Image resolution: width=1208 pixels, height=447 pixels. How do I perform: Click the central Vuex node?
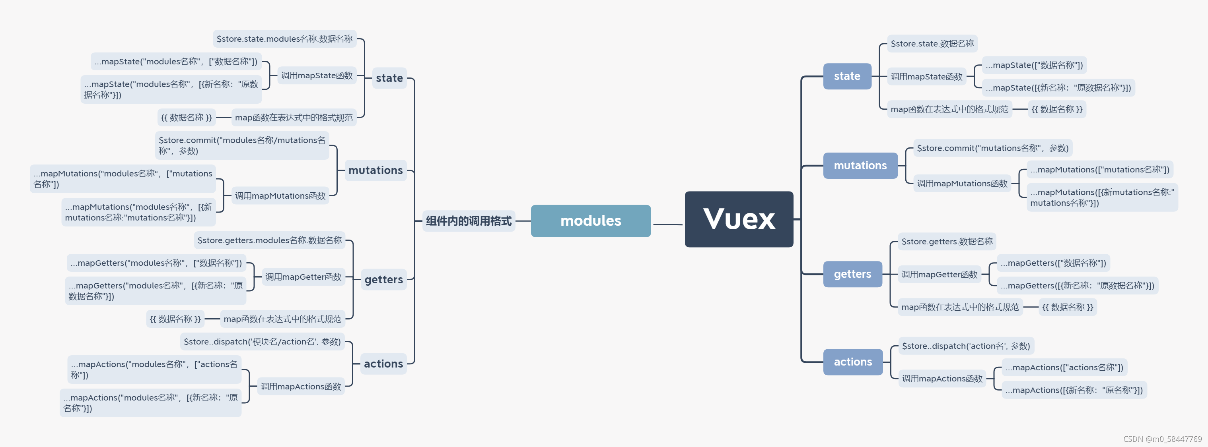[x=739, y=219]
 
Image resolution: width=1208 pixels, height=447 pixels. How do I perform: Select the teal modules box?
[x=590, y=221]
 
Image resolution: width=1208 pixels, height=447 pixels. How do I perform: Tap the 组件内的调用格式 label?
[x=468, y=221]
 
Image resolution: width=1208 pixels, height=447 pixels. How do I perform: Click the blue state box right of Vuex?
[x=847, y=76]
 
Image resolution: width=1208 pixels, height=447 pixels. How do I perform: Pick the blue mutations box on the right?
[x=860, y=165]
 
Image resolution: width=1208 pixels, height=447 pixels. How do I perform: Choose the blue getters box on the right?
[x=852, y=274]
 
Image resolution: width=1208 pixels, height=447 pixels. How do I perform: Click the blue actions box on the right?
[x=852, y=362]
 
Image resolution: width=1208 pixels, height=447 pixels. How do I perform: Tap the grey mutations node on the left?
[x=375, y=170]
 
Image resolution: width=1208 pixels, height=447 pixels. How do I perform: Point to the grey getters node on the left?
[x=383, y=280]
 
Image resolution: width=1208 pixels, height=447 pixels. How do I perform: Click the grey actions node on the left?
[x=383, y=364]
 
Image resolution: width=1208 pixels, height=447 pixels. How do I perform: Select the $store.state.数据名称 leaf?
[x=932, y=44]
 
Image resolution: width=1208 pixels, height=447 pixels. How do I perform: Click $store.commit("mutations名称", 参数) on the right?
[x=992, y=148]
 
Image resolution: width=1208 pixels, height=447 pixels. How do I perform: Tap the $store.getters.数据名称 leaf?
[x=946, y=241]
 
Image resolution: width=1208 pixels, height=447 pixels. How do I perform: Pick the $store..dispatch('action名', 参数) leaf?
[x=965, y=346]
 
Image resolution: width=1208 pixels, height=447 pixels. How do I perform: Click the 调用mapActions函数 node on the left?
[x=301, y=387]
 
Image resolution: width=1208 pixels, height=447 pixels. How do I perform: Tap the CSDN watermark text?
[x=1162, y=439]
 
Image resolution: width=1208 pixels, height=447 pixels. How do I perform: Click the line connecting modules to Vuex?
[x=667, y=224]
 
